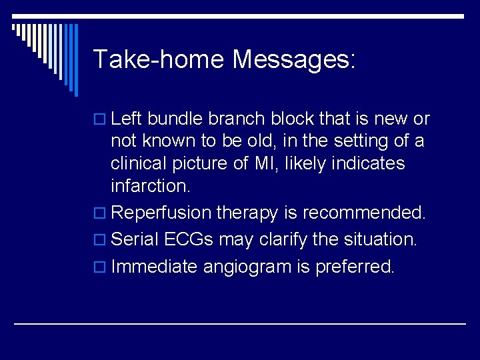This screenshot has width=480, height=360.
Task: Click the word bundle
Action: pyautogui.click(x=175, y=119)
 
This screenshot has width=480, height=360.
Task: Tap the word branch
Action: pyautogui.click(x=236, y=119)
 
